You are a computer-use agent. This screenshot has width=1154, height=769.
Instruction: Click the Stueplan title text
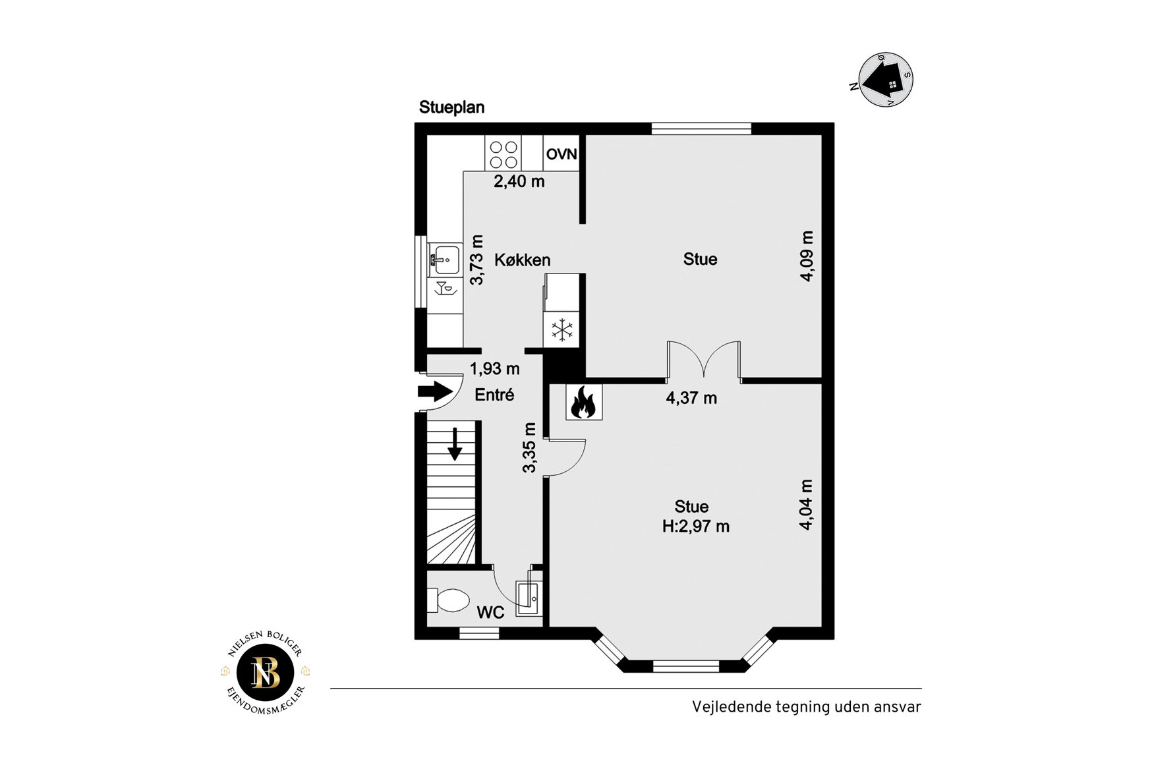pyautogui.click(x=451, y=107)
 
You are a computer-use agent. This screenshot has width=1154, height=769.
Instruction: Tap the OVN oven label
pyautogui.click(x=562, y=154)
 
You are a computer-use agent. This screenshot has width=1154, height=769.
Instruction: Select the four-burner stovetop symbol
pyautogui.click(x=504, y=154)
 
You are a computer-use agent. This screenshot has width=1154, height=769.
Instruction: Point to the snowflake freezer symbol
pyautogui.click(x=562, y=329)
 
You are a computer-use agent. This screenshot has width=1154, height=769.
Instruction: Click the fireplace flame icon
pyautogui.click(x=584, y=402)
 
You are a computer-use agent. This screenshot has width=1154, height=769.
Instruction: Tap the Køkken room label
pyautogui.click(x=523, y=260)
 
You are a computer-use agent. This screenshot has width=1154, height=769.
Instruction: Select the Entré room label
pyautogui.click(x=494, y=395)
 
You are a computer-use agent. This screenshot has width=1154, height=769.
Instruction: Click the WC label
pyautogui.click(x=490, y=613)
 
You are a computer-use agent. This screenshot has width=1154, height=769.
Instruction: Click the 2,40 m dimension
pyautogui.click(x=519, y=182)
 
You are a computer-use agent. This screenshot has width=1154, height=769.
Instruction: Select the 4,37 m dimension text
pyautogui.click(x=691, y=398)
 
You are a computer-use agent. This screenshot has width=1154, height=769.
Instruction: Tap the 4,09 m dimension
pyautogui.click(x=807, y=256)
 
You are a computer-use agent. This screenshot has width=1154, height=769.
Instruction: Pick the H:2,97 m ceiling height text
pyautogui.click(x=696, y=527)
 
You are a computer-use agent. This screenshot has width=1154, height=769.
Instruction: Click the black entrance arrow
pyautogui.click(x=435, y=391)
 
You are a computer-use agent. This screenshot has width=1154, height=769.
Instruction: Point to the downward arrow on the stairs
pyautogui.click(x=455, y=443)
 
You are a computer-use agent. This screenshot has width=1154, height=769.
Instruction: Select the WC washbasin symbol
pyautogui.click(x=529, y=598)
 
